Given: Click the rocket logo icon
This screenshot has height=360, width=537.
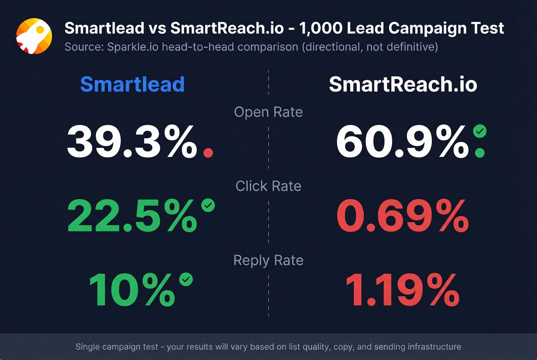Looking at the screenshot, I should (34, 36).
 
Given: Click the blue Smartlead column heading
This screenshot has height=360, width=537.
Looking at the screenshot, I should (132, 84).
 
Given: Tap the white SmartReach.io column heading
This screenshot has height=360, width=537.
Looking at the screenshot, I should (403, 84).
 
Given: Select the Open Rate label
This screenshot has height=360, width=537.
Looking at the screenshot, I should (268, 112).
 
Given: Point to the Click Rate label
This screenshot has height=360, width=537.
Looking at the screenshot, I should (268, 186).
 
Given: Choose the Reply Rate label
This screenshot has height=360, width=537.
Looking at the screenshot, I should (268, 260).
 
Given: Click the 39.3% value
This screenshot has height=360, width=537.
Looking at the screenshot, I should (132, 142).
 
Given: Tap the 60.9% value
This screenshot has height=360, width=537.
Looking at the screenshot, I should (403, 142).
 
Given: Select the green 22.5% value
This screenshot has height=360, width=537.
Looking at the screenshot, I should (132, 216).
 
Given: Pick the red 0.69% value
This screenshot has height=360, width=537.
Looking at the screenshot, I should (403, 216).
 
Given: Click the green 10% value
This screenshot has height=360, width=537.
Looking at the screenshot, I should (132, 290).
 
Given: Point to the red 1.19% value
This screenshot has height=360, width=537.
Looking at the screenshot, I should (403, 290).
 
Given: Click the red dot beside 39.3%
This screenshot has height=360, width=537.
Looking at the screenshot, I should (208, 153).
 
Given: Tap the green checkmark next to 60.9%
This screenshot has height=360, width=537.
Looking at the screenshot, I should (480, 132).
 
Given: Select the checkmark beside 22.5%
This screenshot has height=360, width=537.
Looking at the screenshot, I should (208, 205).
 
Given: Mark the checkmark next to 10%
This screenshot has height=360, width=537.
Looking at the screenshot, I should (186, 279).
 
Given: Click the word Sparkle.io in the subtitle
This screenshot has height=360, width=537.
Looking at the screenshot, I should (133, 47).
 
